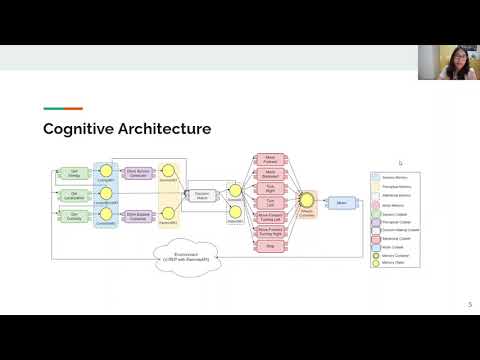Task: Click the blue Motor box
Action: point(341,203)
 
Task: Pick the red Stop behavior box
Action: point(270,245)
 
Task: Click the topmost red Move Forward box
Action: point(270,158)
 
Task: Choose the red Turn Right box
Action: point(270,187)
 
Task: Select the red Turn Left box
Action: point(270,201)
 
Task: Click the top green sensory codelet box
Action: point(71,174)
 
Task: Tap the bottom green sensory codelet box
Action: point(71,214)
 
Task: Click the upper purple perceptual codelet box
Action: point(139,174)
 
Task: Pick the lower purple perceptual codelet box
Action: point(139,214)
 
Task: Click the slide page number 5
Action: point(470,305)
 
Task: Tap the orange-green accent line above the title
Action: point(62,109)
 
